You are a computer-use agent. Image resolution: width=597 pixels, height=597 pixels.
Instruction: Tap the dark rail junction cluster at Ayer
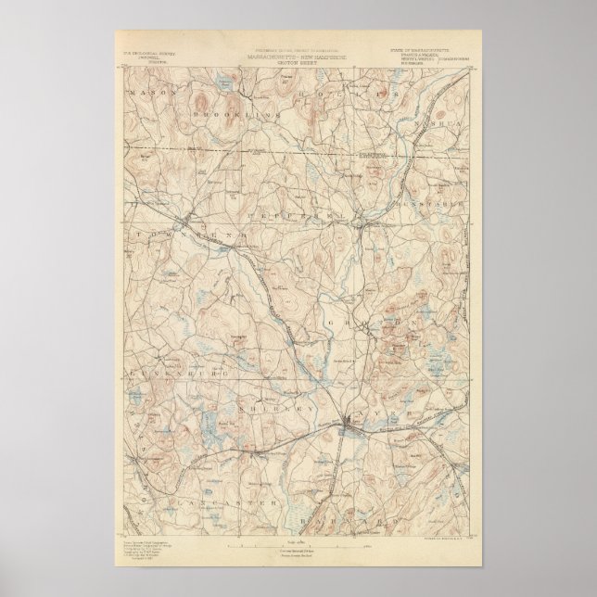[349, 425]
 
